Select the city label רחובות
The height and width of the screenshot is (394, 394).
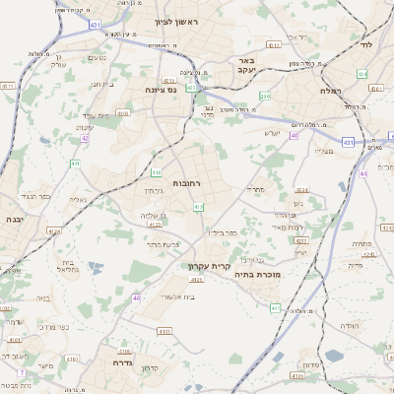coord(186,183)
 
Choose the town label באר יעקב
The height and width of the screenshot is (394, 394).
coord(245,65)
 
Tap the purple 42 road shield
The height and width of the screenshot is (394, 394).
coord(86,139)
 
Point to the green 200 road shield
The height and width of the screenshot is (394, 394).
coord(266,96)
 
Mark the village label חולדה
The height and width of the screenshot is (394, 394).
coord(351,325)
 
